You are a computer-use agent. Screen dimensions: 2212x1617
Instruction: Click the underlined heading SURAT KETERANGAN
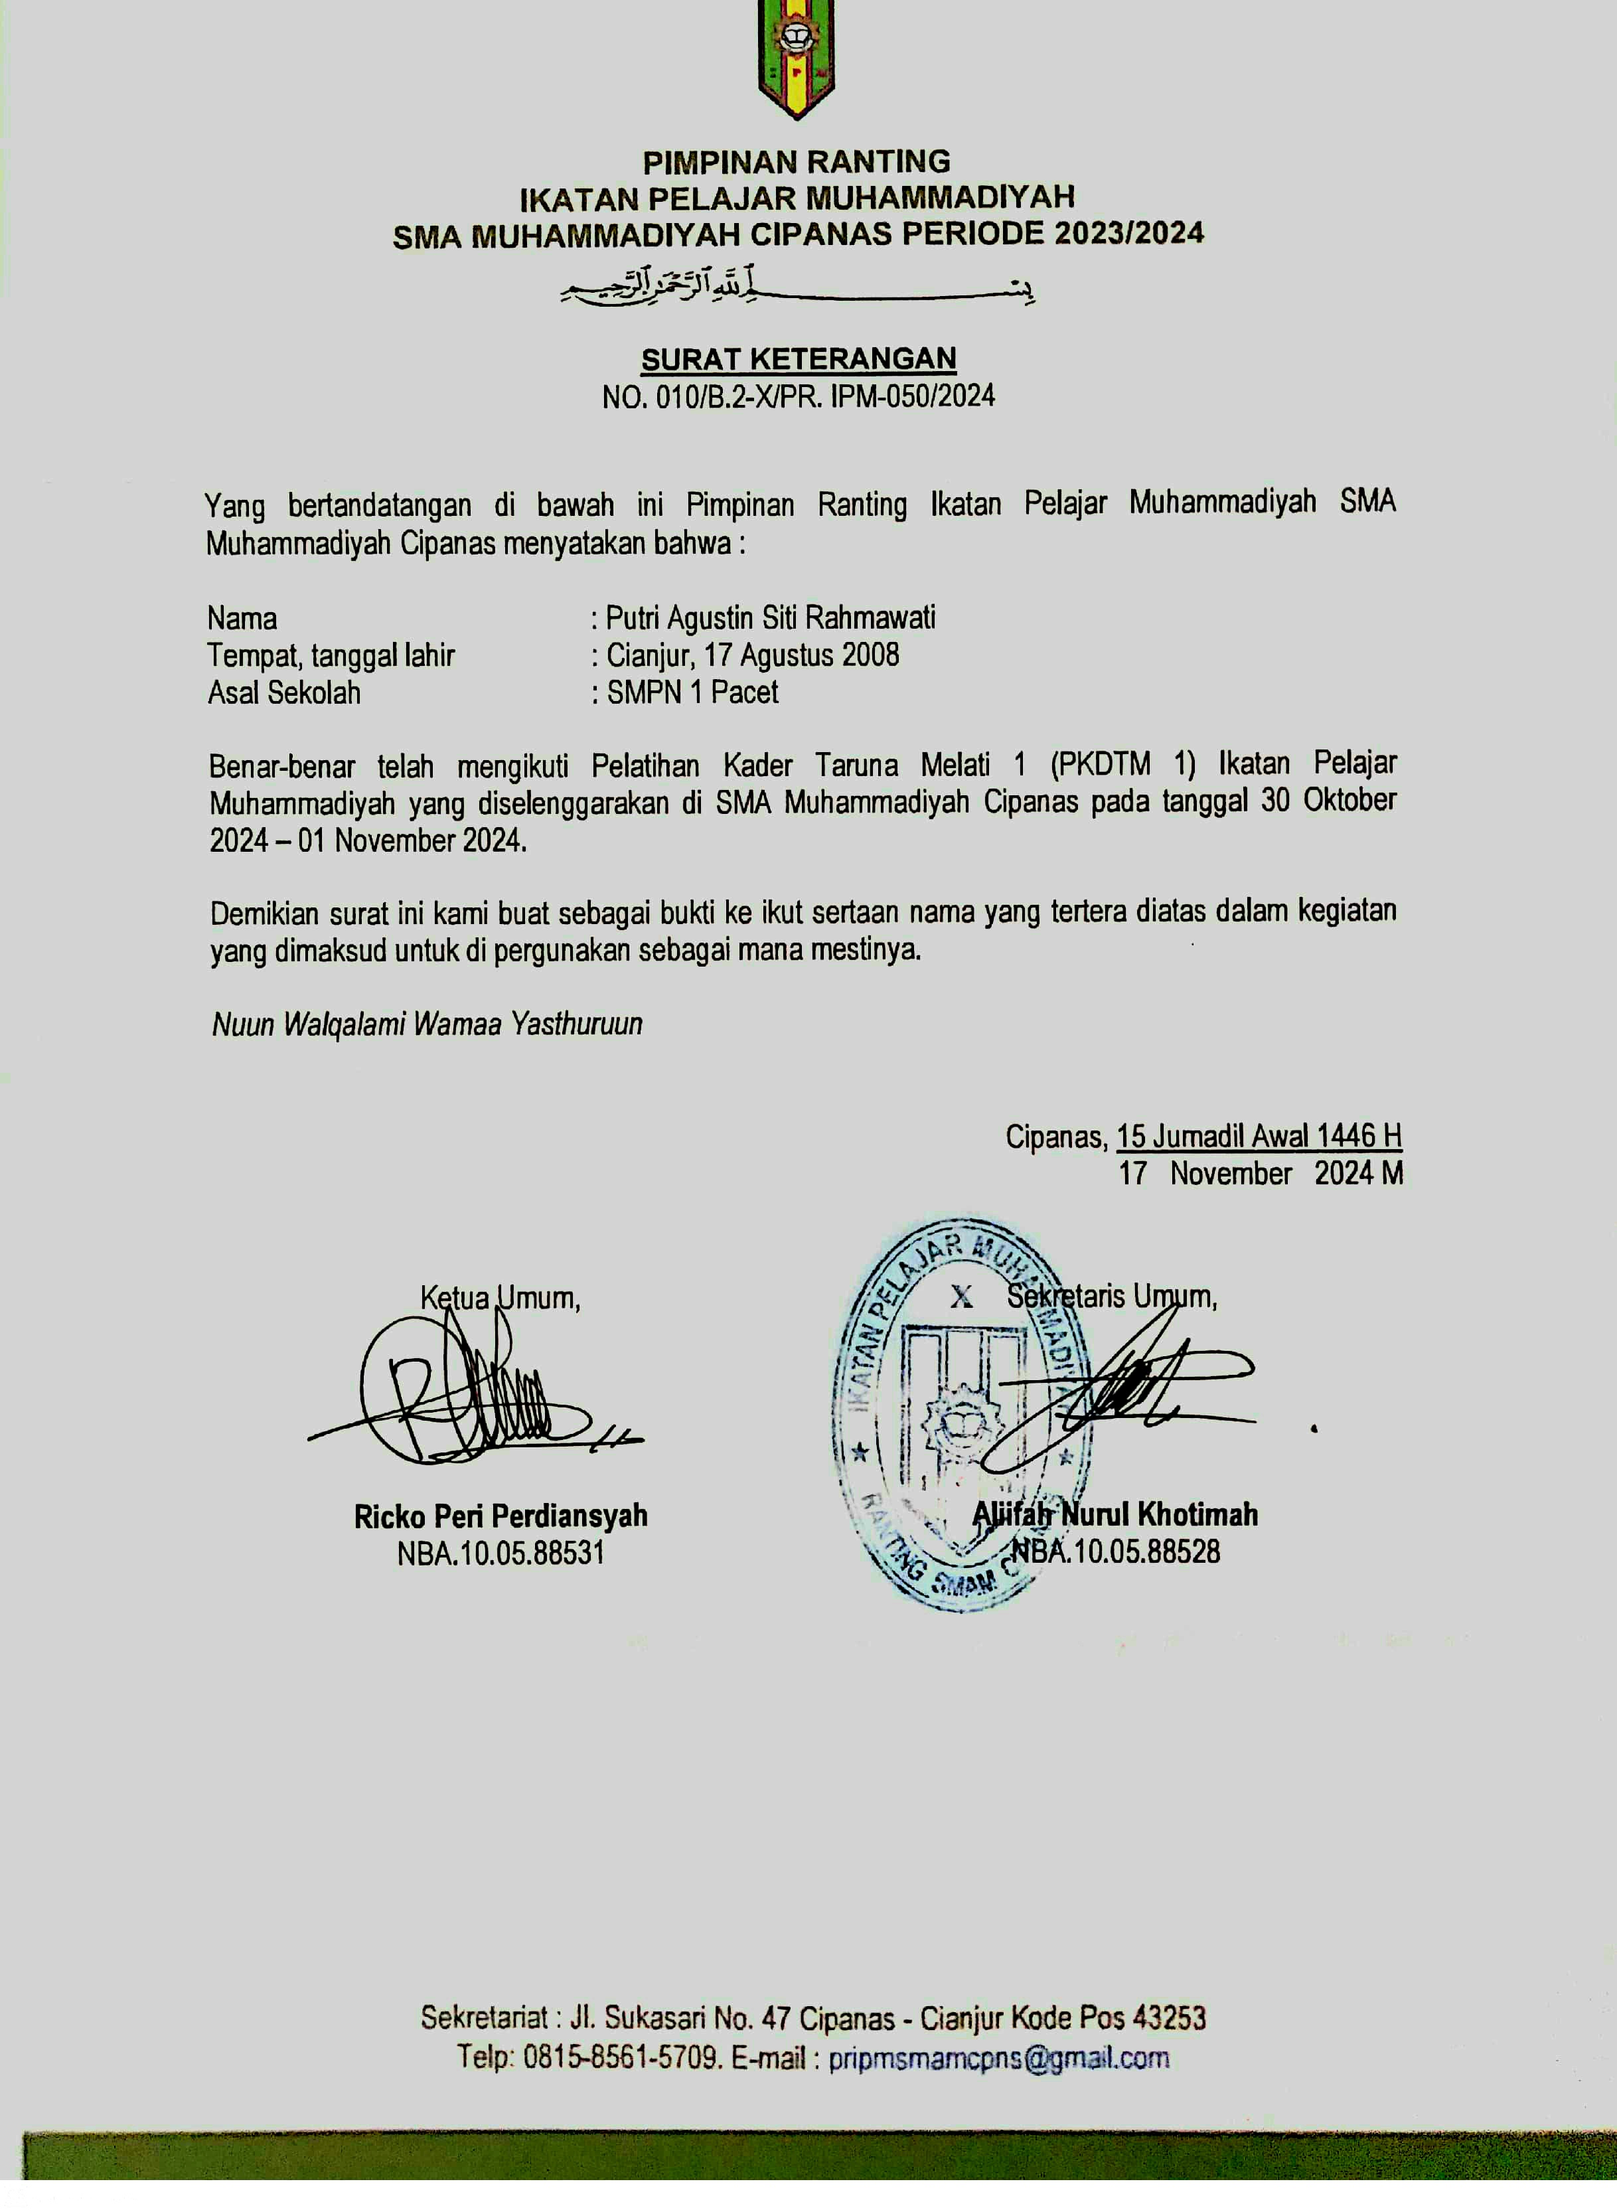pyautogui.click(x=799, y=359)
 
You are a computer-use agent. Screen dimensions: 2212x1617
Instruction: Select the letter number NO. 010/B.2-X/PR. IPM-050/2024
pyautogui.click(x=799, y=396)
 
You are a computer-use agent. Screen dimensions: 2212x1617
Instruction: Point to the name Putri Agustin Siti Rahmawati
pyautogui.click(x=770, y=619)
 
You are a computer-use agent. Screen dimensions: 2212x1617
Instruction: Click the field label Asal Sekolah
pyautogui.click(x=284, y=693)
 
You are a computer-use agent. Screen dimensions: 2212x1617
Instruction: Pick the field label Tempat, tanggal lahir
pyautogui.click(x=331, y=656)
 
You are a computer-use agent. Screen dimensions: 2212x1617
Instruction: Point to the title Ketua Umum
pyautogui.click(x=501, y=1298)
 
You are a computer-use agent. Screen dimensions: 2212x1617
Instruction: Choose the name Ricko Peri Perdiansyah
pyautogui.click(x=501, y=1516)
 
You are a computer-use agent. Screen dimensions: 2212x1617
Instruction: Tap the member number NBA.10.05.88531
pyautogui.click(x=501, y=1553)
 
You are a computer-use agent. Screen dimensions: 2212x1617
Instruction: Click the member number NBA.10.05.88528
pyautogui.click(x=1116, y=1551)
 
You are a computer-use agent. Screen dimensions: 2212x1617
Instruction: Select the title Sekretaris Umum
pyautogui.click(x=1112, y=1297)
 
